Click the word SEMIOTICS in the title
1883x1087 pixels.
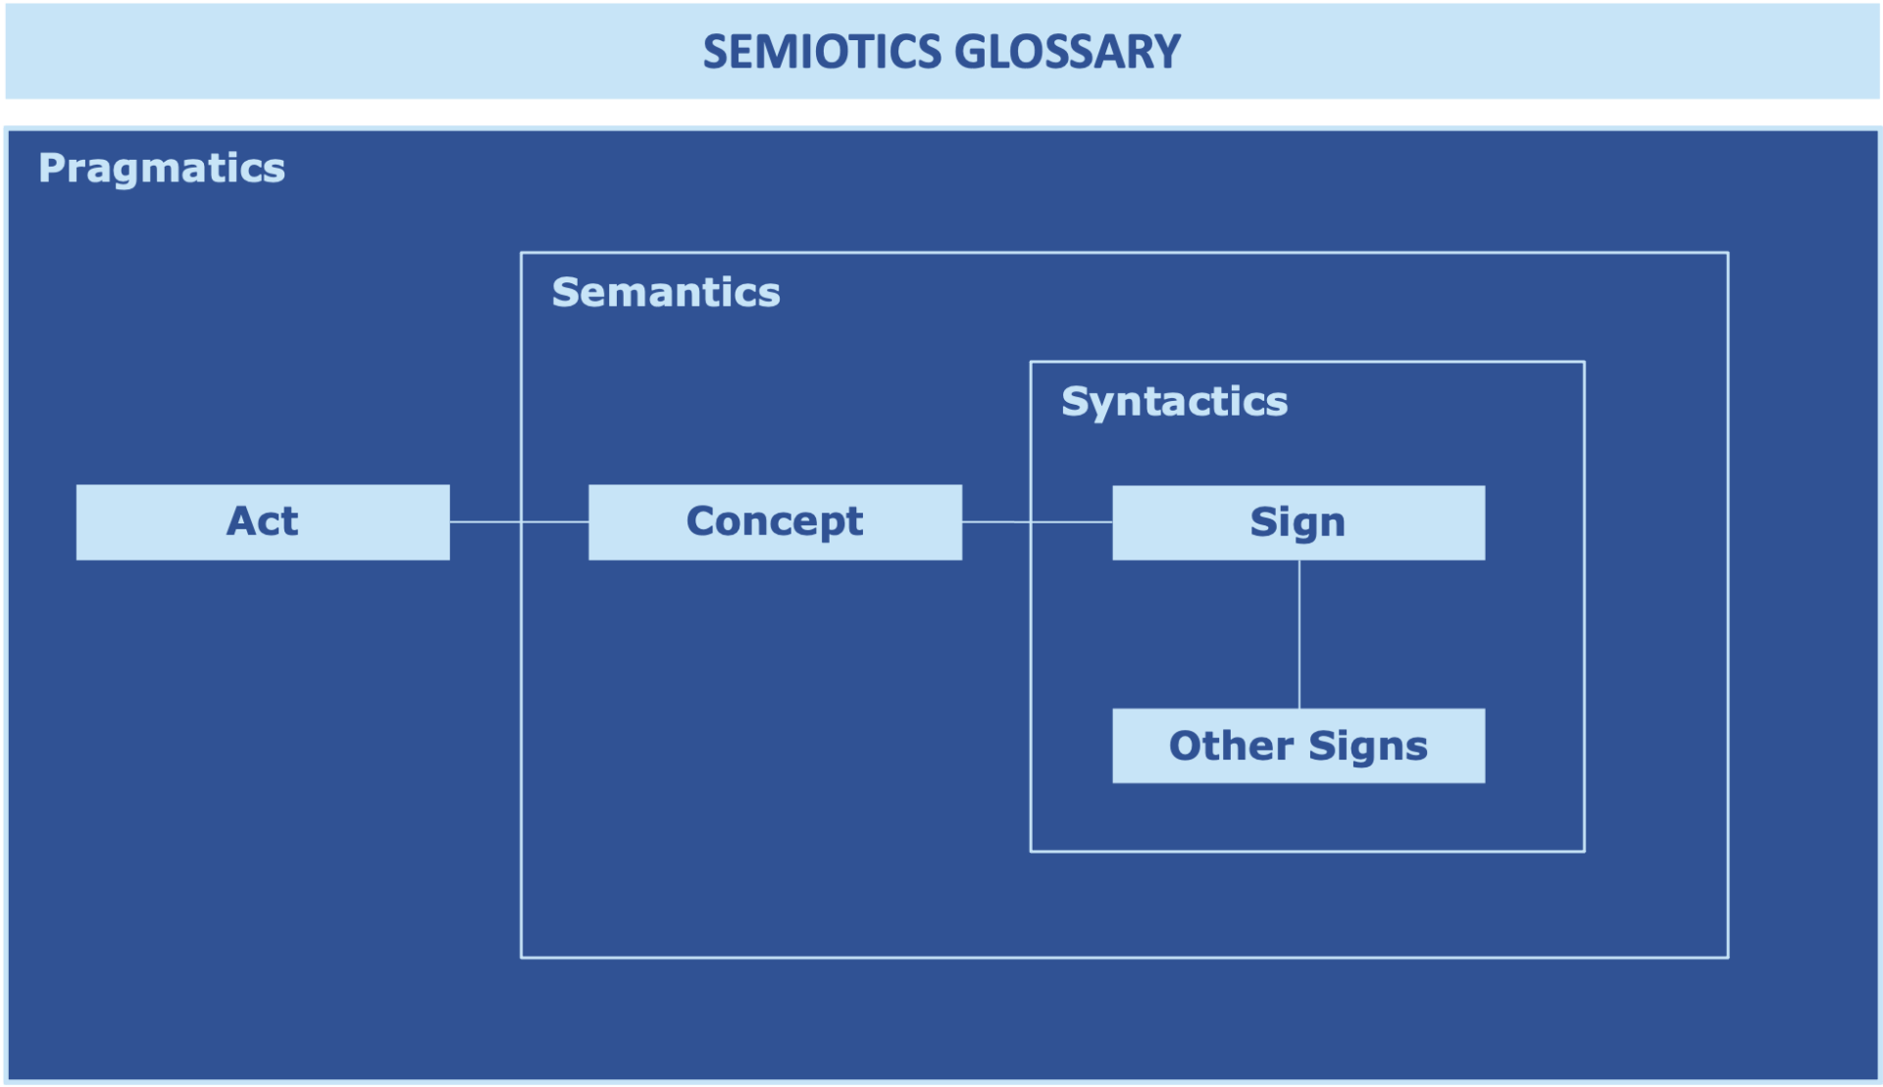(823, 52)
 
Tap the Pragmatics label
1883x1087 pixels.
(162, 169)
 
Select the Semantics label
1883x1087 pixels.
(666, 292)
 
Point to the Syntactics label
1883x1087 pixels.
(1174, 401)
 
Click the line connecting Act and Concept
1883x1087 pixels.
(519, 522)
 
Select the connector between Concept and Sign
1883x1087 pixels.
(1037, 522)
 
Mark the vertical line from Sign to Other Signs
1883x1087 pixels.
(1299, 634)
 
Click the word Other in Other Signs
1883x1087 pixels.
(1230, 746)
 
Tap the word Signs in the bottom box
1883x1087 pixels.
(1367, 747)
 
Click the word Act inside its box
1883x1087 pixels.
(262, 521)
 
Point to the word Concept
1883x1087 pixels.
(774, 521)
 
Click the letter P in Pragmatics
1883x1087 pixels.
(50, 169)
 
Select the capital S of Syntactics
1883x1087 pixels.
(1074, 401)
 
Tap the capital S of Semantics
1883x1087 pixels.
(564, 292)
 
